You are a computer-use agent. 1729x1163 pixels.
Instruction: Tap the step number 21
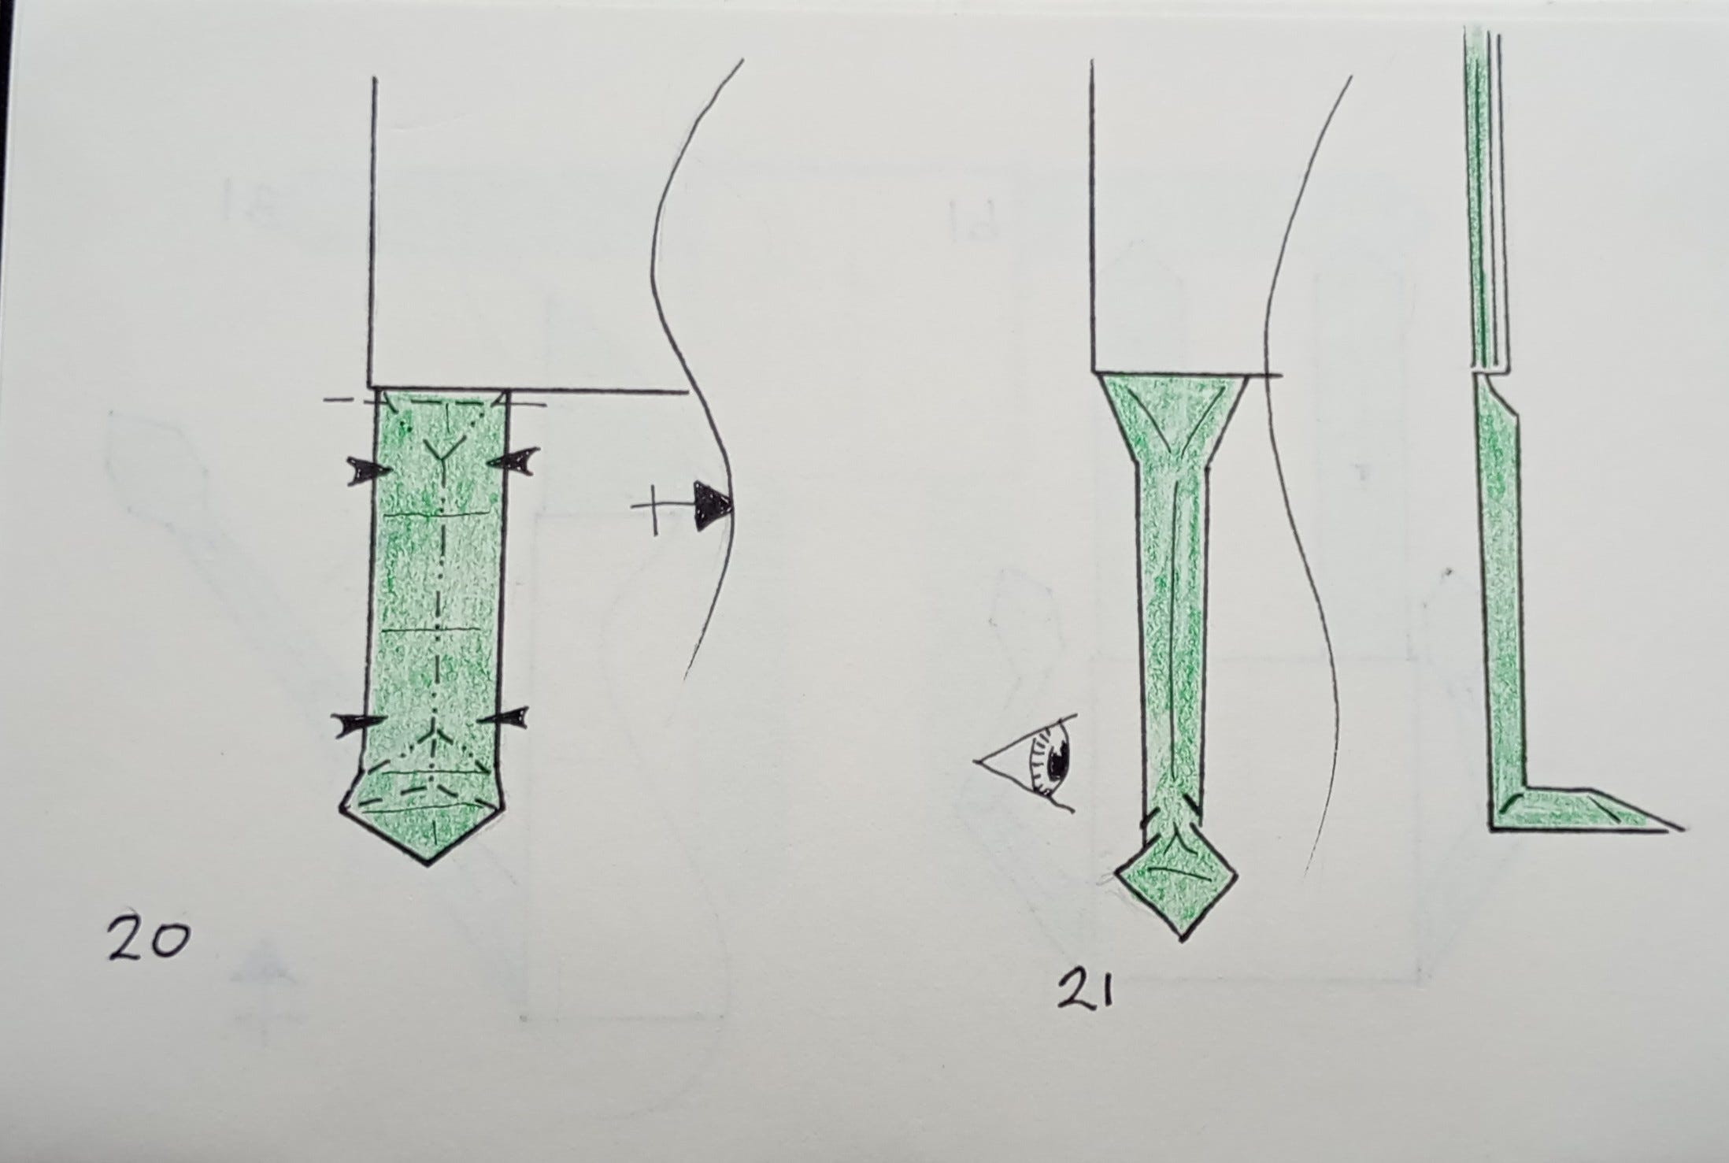click(x=1086, y=991)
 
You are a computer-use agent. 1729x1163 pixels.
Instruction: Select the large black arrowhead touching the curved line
click(x=713, y=505)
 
